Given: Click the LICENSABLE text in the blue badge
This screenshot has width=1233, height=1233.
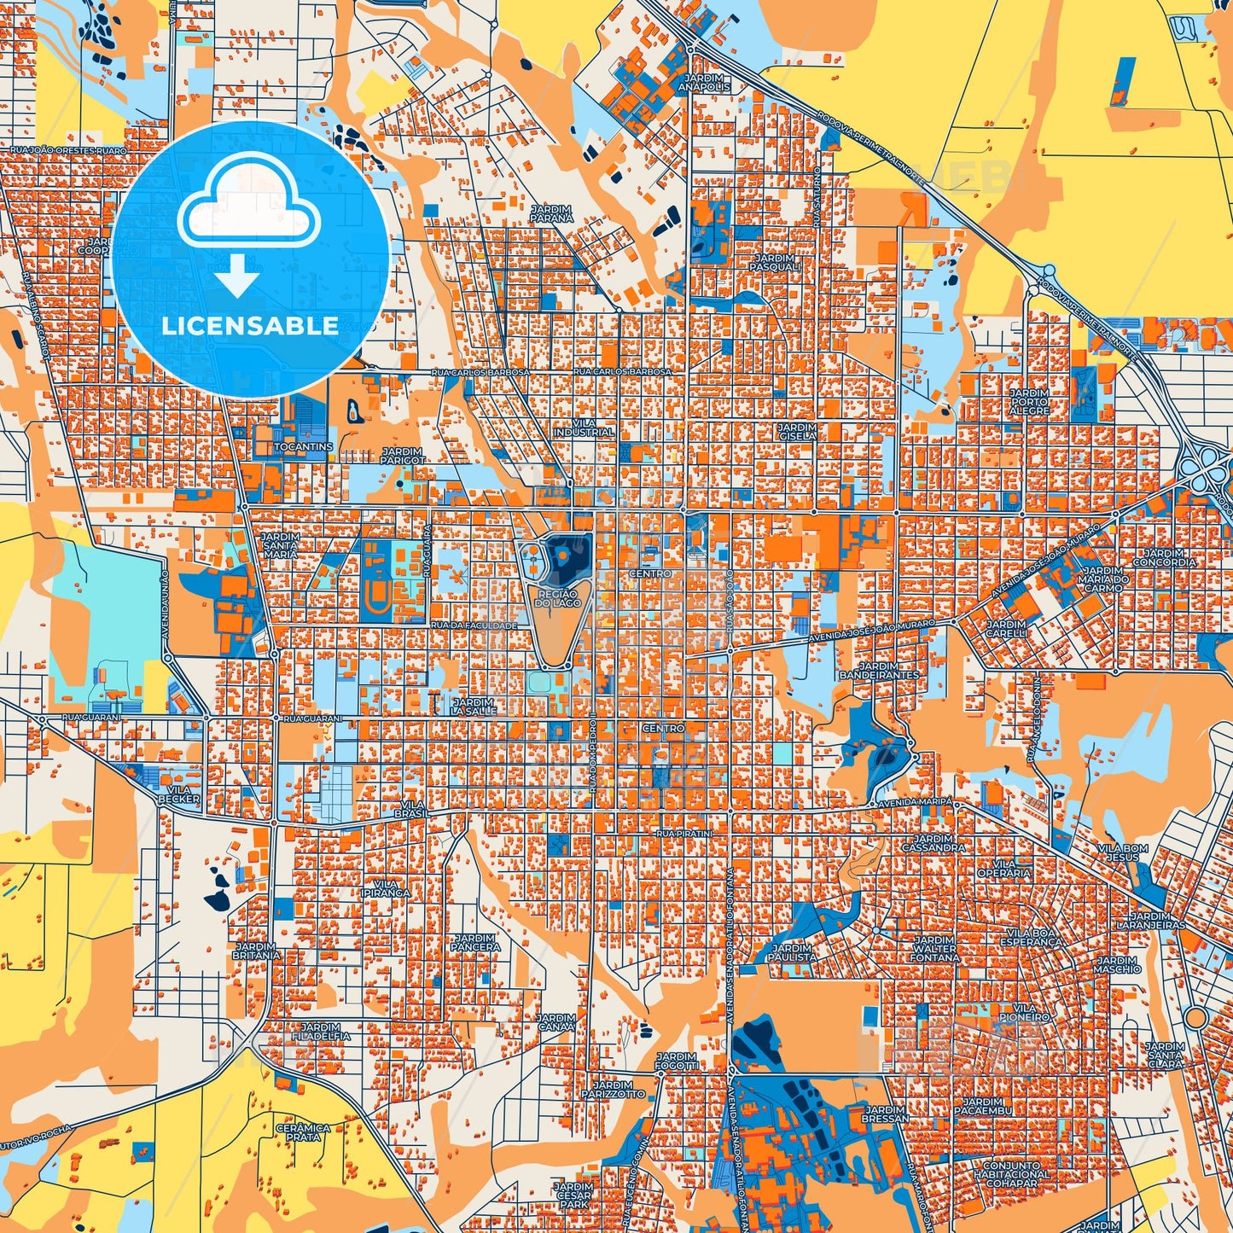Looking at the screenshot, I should tap(250, 326).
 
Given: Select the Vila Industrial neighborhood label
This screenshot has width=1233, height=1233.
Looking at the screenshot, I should tap(583, 427).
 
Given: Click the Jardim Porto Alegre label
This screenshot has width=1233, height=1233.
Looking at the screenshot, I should tap(1029, 402).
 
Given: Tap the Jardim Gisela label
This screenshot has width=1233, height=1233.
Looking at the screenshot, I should tap(797, 431).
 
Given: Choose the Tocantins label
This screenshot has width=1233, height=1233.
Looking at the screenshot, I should tap(304, 447).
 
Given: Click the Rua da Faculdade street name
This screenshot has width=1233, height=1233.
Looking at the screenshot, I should tap(474, 625).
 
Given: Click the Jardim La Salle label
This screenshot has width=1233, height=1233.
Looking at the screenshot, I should tap(474, 706).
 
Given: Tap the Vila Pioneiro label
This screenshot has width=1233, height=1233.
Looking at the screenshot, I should tap(1025, 1013).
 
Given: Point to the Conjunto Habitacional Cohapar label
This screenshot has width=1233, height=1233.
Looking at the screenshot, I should tap(1012, 1173).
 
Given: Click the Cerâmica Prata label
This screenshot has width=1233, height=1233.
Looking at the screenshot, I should tap(304, 1131).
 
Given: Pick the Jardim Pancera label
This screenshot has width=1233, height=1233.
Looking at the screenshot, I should tap(475, 942).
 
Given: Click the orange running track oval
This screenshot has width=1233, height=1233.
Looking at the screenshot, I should tap(376, 602).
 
